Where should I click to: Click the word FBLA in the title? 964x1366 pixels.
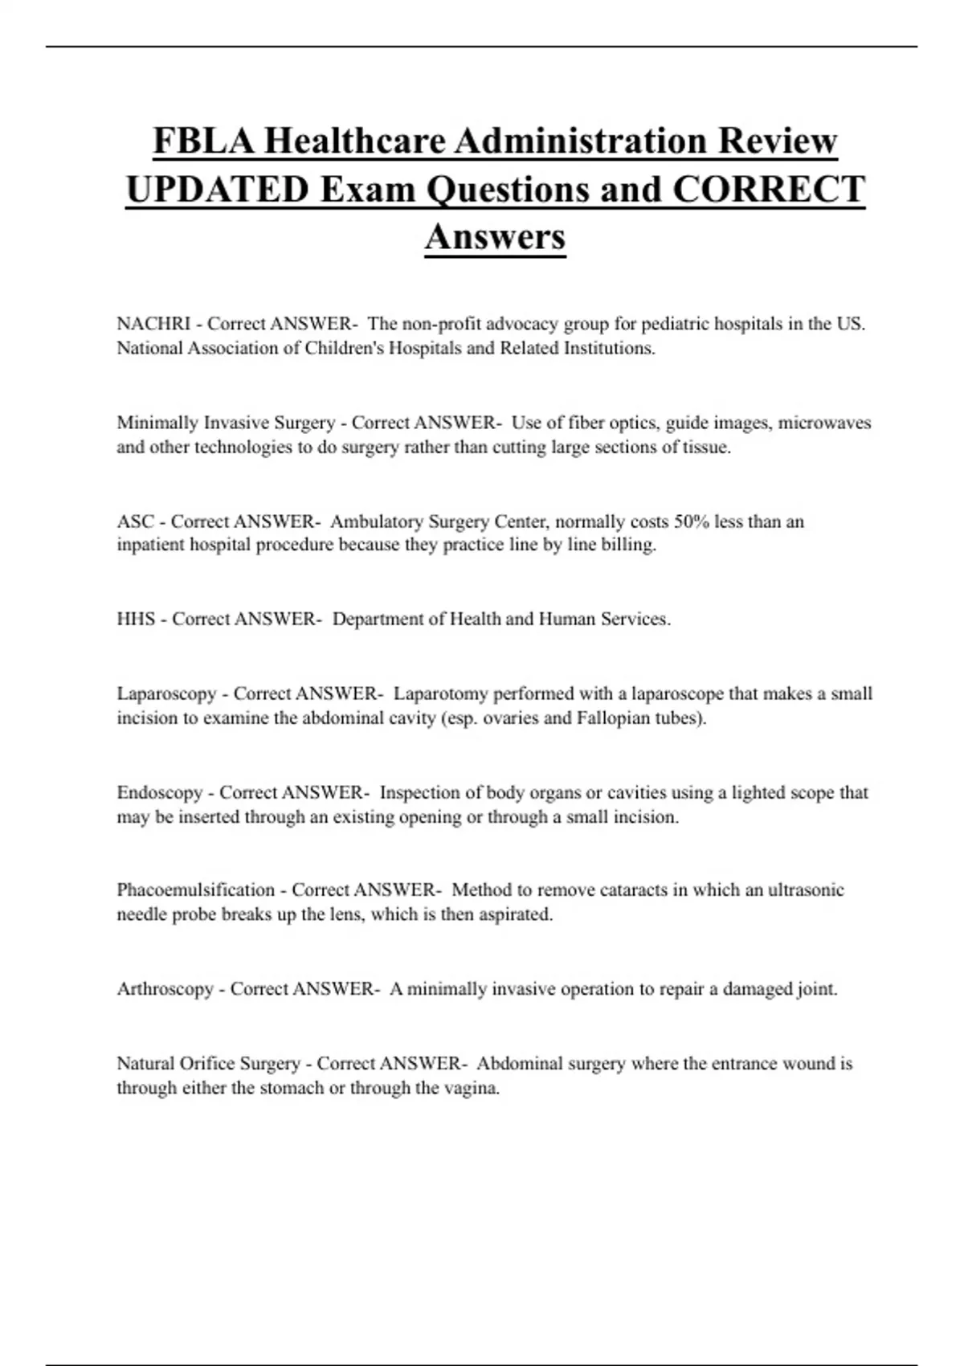click(x=203, y=141)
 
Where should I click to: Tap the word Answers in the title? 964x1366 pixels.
click(x=495, y=236)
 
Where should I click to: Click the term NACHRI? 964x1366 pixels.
click(x=153, y=324)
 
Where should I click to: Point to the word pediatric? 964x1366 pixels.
click(x=672, y=324)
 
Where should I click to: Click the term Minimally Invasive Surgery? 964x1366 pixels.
click(x=226, y=423)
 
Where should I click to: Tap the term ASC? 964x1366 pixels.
click(x=135, y=521)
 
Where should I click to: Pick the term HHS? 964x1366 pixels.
click(x=136, y=620)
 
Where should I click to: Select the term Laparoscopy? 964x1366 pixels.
click(x=166, y=693)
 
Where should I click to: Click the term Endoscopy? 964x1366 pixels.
click(x=160, y=793)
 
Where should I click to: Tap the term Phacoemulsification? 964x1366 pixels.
click(x=196, y=890)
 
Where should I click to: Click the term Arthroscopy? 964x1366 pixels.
click(x=165, y=989)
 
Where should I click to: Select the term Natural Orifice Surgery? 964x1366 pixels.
click(x=208, y=1064)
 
